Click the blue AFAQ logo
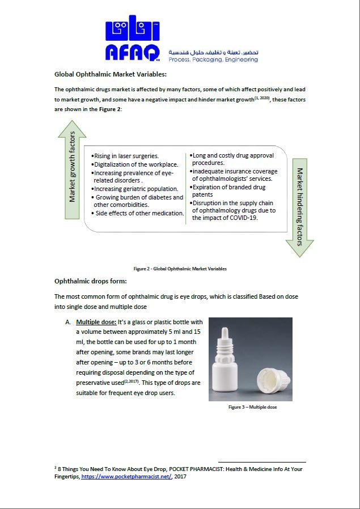click(x=134, y=39)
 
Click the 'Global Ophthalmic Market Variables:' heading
click(x=110, y=74)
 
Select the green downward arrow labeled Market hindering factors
click(x=299, y=207)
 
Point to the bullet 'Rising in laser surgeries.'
click(x=126, y=156)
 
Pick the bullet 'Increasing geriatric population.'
click(x=135, y=188)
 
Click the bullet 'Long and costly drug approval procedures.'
click(x=232, y=159)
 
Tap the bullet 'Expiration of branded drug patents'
click(x=228, y=190)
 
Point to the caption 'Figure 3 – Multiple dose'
click(x=252, y=407)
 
